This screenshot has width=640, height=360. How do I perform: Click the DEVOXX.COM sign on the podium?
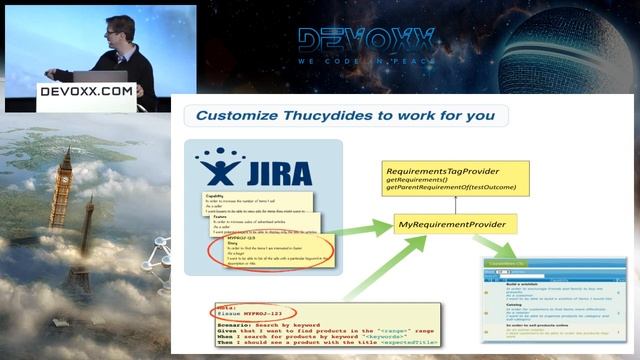85,90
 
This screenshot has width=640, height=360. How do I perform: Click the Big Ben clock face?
65,162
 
